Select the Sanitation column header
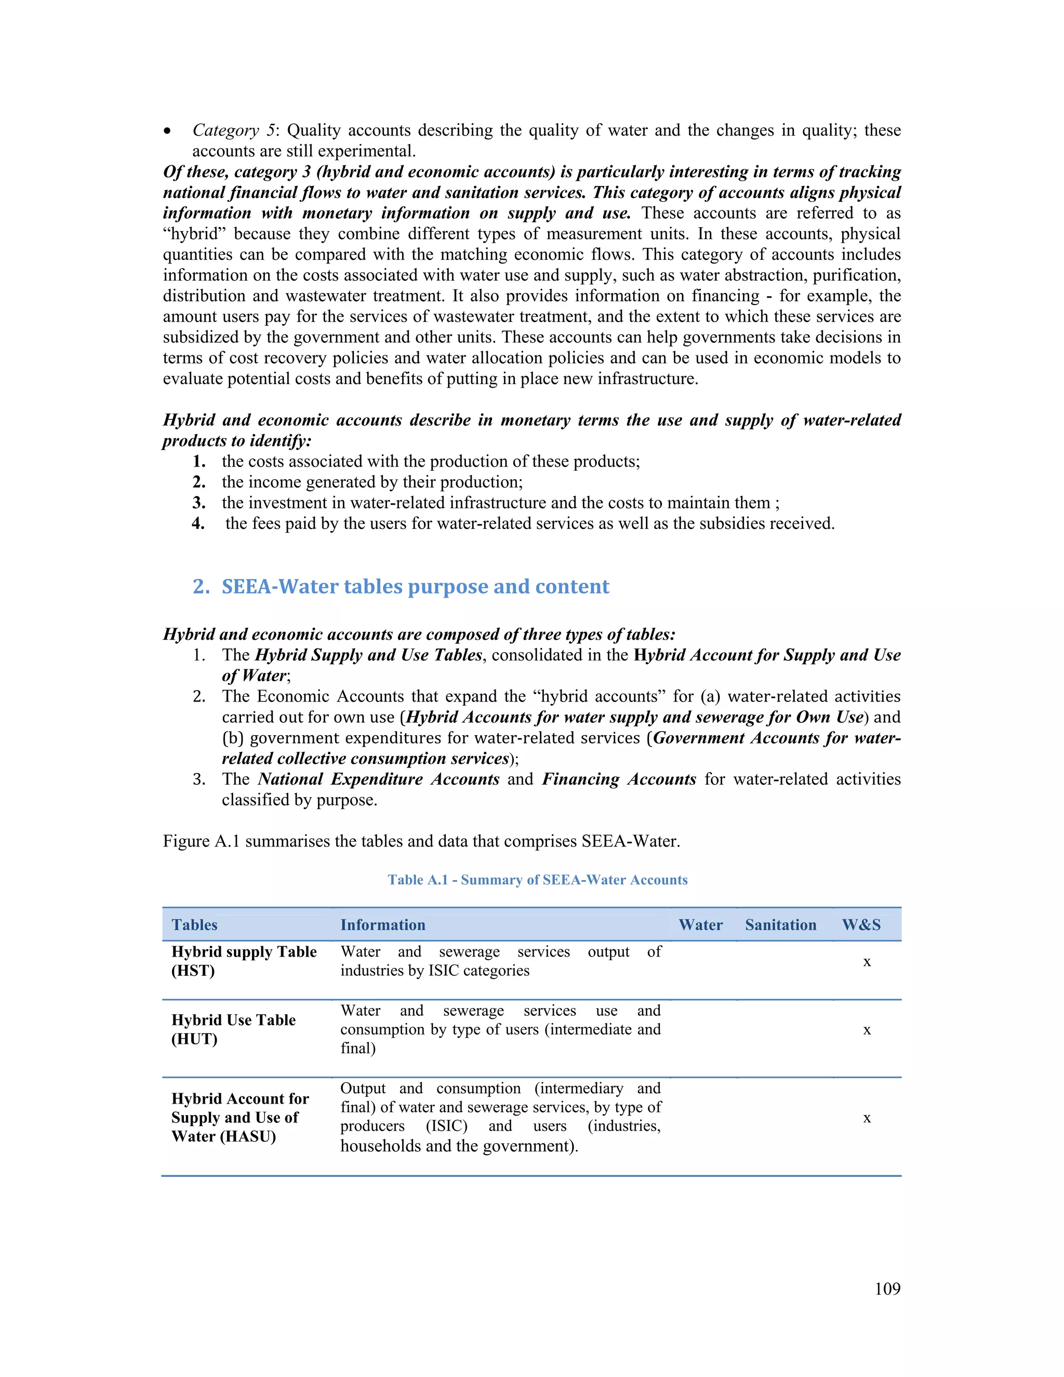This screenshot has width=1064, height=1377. pos(780,925)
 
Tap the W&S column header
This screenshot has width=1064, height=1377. pos(861,925)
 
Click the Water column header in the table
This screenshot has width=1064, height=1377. pos(700,925)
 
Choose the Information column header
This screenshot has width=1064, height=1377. pos(382,925)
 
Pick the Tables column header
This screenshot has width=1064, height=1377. pos(194,925)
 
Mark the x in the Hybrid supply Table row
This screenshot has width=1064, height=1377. pos(867,962)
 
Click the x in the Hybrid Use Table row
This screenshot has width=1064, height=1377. pos(867,1030)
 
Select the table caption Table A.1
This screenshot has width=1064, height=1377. pos(537,880)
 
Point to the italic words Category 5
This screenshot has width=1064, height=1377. pos(234,130)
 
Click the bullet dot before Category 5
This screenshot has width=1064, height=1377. pos(167,131)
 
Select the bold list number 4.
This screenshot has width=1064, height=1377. pos(198,523)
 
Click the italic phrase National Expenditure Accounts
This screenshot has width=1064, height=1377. pos(378,779)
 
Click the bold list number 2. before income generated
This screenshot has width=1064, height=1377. pos(199,482)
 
